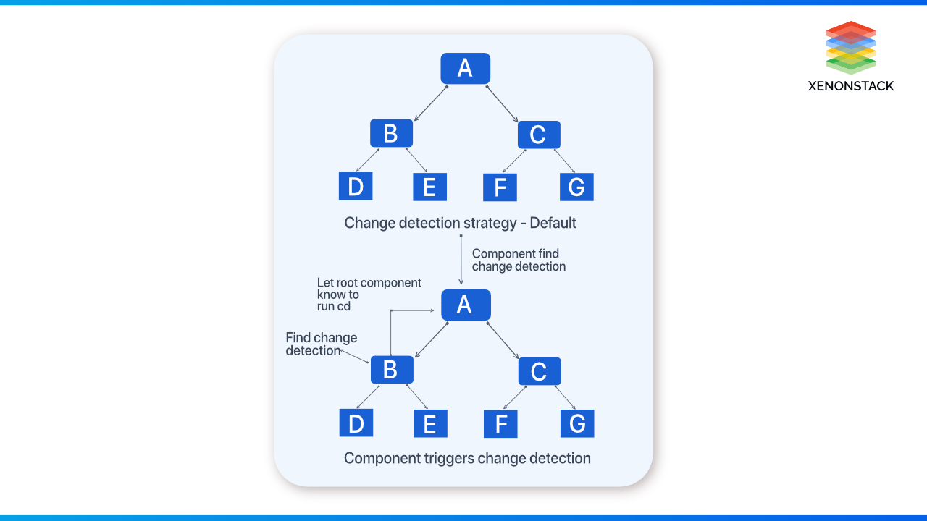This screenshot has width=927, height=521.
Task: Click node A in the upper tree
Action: point(465,69)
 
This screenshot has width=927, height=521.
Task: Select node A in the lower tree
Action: point(465,305)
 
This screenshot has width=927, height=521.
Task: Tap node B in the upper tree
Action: point(391,134)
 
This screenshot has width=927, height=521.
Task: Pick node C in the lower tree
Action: point(539,371)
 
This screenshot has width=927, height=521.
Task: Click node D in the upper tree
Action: point(356,187)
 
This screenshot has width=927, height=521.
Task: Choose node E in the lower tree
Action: point(430,423)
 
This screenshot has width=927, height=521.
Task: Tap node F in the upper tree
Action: point(500,187)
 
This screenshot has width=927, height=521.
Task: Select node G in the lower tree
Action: point(577,423)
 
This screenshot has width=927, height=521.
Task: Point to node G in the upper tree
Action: point(576,187)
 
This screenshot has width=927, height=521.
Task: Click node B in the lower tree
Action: point(391,370)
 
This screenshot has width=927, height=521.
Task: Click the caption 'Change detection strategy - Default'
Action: point(460,223)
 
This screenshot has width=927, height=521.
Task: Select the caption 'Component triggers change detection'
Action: point(467,458)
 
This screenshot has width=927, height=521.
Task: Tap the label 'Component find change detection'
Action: point(518,260)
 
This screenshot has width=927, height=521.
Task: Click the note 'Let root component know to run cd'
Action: point(368,294)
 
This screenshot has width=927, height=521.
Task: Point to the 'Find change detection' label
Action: point(321,344)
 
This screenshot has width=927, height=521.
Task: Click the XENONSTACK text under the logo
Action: point(850,85)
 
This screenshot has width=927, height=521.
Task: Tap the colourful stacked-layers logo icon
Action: point(851,48)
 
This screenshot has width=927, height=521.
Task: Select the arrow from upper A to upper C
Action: point(503,103)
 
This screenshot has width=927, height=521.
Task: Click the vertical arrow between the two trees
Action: point(461,260)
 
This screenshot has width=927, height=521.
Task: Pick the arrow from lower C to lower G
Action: point(565,397)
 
